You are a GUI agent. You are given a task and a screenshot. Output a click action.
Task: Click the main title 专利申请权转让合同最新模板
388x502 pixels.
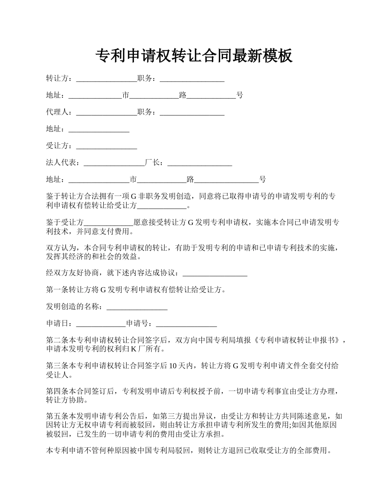tap(194, 56)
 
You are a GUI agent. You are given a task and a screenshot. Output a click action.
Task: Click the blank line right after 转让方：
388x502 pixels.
tap(107, 78)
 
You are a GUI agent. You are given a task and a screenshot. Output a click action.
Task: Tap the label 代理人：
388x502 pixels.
tap(61, 112)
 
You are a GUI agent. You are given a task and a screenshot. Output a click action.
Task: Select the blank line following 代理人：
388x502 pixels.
tap(107, 112)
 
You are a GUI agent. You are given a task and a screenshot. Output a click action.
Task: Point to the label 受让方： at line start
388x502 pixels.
tap(61, 146)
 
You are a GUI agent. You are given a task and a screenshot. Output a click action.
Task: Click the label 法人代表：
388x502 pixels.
tap(65, 163)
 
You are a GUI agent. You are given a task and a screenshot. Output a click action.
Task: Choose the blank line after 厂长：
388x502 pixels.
tap(200, 163)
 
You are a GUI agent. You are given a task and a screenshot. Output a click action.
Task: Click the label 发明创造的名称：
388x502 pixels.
tap(76, 307)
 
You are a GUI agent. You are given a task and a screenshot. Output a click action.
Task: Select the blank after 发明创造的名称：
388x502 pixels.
tap(137, 307)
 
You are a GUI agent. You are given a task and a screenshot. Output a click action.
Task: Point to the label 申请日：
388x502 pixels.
tap(61, 324)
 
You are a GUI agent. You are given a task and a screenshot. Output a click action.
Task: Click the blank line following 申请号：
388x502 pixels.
tap(186, 324)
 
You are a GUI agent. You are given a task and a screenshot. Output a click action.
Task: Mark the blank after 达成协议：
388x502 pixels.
tap(215, 273)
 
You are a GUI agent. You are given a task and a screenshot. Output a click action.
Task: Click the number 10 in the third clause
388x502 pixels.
tap(173, 366)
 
